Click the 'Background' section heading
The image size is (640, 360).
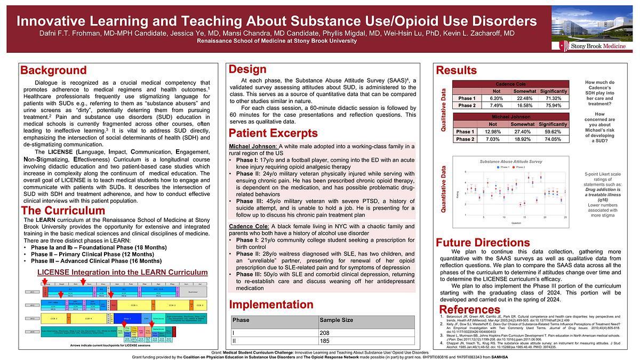[x=53, y=70]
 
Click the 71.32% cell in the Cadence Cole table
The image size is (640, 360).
[x=553, y=98]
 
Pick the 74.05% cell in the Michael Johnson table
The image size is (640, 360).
[x=553, y=139]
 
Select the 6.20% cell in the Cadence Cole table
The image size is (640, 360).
[x=496, y=98]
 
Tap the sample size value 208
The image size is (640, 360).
[x=324, y=333]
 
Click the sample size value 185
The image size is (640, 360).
[x=324, y=341]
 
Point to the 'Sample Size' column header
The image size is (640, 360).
[x=335, y=321]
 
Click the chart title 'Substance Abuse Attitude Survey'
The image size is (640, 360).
[x=511, y=161]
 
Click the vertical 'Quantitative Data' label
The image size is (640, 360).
[x=444, y=189]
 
